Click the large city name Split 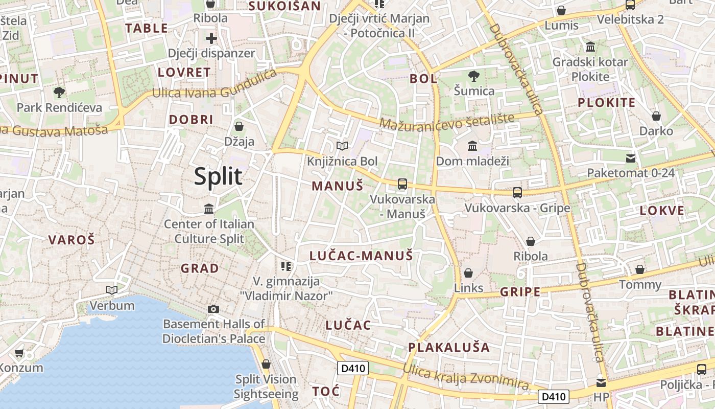tap(218, 176)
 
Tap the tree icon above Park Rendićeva tap(59, 93)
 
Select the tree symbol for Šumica tap(474, 76)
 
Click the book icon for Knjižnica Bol tap(342, 146)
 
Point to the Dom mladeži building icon tap(472, 146)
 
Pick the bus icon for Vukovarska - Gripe tap(517, 193)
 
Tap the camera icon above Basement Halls tap(213, 309)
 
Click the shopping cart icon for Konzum tap(19, 353)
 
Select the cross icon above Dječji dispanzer tap(211, 38)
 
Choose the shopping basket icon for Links tap(468, 273)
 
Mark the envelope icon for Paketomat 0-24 tap(631, 158)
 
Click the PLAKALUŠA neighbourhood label tap(449, 348)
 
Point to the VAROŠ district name tap(71, 240)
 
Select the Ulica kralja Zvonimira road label tap(465, 377)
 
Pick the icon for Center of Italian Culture tap(209, 209)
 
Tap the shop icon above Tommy tap(640, 269)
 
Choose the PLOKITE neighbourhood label tap(606, 102)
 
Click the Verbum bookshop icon tap(112, 290)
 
